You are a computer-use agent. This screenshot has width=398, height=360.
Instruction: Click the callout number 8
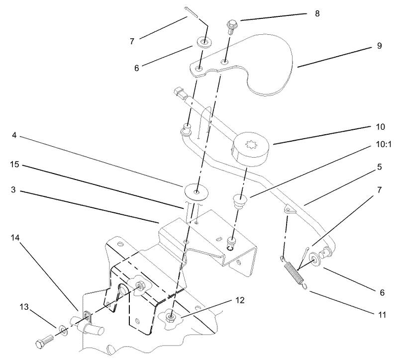coord(317,14)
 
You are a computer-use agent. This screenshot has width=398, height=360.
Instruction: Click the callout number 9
coord(379,46)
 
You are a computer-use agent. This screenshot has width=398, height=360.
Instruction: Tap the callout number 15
coord(14,165)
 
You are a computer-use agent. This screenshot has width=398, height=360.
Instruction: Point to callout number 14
coord(15,238)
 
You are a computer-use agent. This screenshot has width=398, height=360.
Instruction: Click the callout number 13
coord(24,306)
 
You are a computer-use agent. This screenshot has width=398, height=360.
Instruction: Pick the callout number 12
coord(240,300)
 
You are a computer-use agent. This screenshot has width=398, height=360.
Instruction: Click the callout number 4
coord(14,135)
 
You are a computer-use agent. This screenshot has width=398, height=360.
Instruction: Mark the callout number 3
coord(13,190)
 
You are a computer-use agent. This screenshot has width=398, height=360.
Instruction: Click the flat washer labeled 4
coord(196,191)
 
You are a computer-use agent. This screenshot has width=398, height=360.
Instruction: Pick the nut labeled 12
coord(170,316)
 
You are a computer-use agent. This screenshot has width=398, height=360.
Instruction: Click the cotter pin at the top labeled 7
coord(192,12)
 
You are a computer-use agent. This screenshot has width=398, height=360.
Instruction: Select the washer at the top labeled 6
coord(204,41)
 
